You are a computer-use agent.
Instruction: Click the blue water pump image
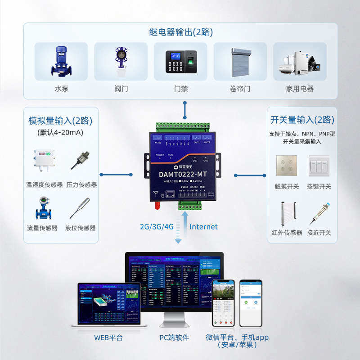tap(61, 61)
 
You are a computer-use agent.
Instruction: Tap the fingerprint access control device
tap(180, 61)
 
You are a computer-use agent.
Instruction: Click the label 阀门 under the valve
tap(121, 89)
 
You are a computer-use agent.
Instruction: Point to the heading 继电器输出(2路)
tap(181, 32)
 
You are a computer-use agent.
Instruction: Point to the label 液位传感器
tap(81, 228)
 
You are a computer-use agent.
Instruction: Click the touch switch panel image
tap(287, 166)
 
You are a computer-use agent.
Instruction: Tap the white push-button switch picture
tap(319, 166)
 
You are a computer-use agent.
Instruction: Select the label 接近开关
tap(319, 233)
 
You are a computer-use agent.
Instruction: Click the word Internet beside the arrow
tap(203, 227)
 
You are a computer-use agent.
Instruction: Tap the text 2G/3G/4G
tap(157, 227)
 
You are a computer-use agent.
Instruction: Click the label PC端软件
tap(174, 337)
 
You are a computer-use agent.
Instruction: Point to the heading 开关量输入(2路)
tap(302, 120)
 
